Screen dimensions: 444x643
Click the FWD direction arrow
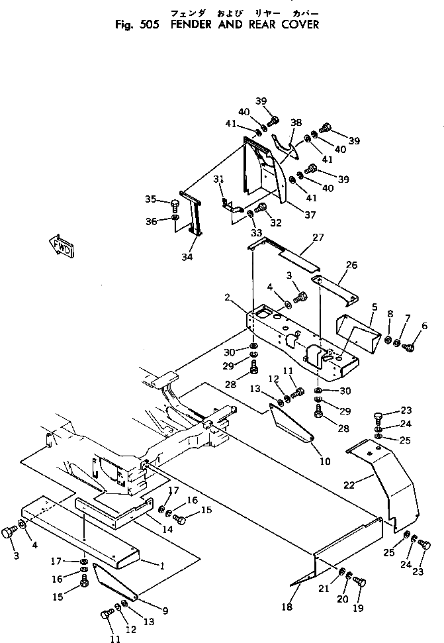click(62, 246)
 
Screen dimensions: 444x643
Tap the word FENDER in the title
click(191, 25)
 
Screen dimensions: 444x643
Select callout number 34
click(187, 257)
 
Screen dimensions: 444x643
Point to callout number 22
click(349, 485)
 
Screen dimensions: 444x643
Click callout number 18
click(287, 607)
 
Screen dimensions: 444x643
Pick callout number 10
click(325, 462)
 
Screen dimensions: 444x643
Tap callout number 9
click(165, 611)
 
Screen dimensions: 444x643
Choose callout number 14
click(167, 529)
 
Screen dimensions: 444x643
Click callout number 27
click(318, 238)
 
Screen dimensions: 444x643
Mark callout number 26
click(352, 265)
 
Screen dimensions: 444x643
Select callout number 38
click(296, 123)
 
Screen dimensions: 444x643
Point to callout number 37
click(310, 215)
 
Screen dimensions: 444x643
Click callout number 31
click(219, 179)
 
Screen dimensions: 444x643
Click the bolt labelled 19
click(359, 581)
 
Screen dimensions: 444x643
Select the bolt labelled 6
click(408, 347)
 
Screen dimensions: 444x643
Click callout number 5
click(375, 307)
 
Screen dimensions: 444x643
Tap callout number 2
click(228, 297)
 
